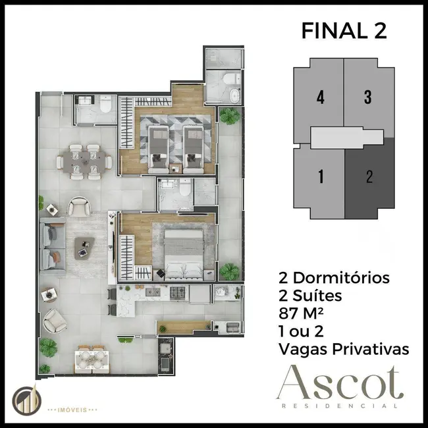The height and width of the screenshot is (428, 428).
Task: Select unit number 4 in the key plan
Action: [x=320, y=97]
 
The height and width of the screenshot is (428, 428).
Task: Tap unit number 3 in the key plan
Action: [x=367, y=97]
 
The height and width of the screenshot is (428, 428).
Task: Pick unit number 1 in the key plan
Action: [x=320, y=176]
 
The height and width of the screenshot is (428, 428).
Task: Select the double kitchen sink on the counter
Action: [x=126, y=292]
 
